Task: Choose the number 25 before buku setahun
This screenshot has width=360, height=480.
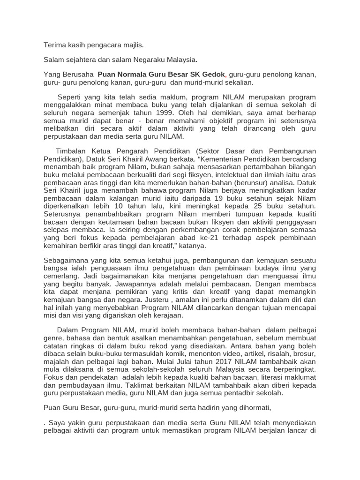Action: coord(263,205)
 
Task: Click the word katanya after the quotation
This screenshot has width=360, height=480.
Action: coord(193,245)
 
